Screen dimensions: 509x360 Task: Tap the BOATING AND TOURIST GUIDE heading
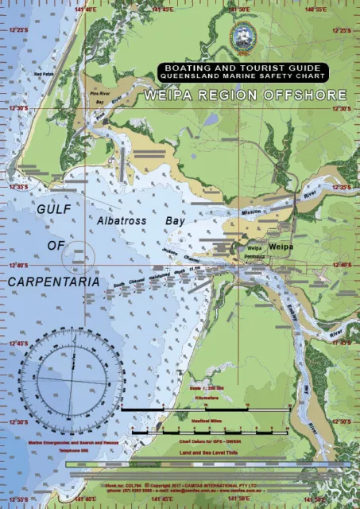(242, 68)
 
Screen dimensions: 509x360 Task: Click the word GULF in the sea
(54, 208)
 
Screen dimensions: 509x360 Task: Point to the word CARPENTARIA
(54, 282)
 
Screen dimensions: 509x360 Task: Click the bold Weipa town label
(281, 248)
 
